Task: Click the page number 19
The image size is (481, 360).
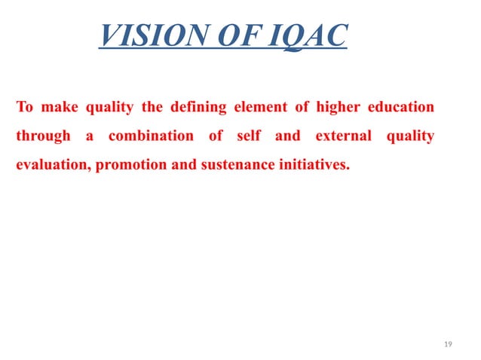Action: (x=449, y=344)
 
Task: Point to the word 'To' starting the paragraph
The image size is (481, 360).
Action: (x=25, y=107)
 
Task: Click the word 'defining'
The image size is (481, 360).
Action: (x=198, y=108)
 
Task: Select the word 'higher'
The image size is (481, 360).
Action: (x=338, y=108)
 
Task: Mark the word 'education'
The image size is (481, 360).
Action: (x=401, y=107)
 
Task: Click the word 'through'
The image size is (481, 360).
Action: (x=43, y=136)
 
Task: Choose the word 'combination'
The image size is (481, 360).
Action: (x=151, y=136)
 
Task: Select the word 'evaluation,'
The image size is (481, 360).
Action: (x=52, y=165)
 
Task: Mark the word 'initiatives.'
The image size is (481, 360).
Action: (x=313, y=165)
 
